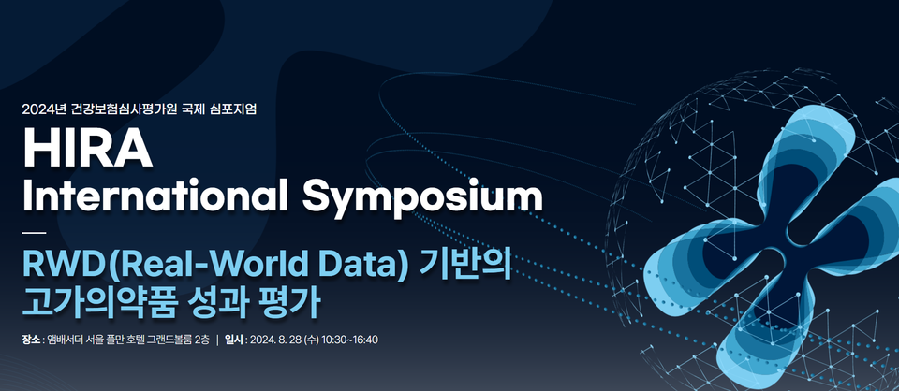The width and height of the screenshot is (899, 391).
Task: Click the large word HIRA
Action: (x=88, y=147)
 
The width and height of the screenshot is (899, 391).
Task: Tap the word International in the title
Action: (x=155, y=196)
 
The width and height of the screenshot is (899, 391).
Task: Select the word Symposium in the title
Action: (x=422, y=199)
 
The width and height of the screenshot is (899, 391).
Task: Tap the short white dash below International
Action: (x=34, y=233)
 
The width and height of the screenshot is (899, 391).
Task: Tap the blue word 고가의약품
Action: (x=96, y=303)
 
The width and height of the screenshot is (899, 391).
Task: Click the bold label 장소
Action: (x=31, y=340)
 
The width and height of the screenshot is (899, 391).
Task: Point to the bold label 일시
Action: (x=234, y=340)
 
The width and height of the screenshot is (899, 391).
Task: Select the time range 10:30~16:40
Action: (x=349, y=340)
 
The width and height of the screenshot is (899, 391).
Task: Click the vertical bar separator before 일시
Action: (x=217, y=340)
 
